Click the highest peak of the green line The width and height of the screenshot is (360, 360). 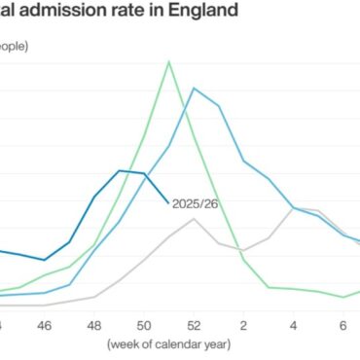pyautogui.click(x=169, y=62)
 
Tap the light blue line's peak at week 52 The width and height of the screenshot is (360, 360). pyautogui.click(x=194, y=88)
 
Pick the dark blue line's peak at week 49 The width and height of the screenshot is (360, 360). pyautogui.click(x=120, y=170)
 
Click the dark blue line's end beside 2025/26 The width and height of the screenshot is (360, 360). pyautogui.click(x=169, y=201)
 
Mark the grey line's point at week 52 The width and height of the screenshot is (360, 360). pyautogui.click(x=194, y=219)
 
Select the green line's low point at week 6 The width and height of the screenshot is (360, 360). pyautogui.click(x=342, y=297)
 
